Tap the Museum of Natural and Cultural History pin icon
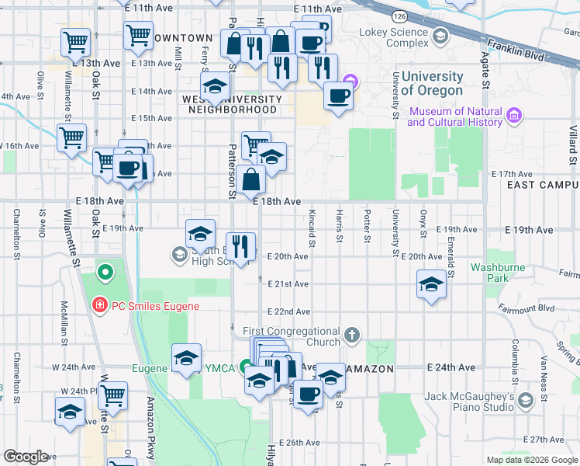click(x=513, y=116)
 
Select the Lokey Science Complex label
click(x=393, y=38)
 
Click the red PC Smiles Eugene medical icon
click(x=98, y=306)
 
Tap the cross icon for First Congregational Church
click(x=352, y=335)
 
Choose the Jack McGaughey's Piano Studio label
click(x=469, y=402)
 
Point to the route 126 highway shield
click(x=399, y=16)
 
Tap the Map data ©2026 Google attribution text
click(x=531, y=460)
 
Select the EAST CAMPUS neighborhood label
click(x=543, y=185)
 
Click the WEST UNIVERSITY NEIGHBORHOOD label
click(x=232, y=104)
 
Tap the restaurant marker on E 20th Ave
click(x=240, y=247)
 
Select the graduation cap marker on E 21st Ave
click(x=431, y=284)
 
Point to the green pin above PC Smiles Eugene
click(x=105, y=273)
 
